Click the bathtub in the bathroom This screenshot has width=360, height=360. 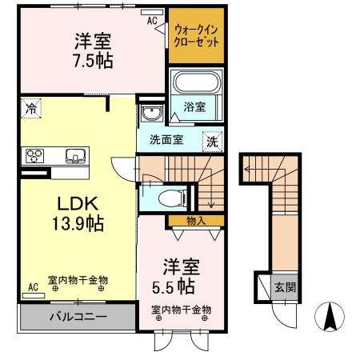tap(197, 85)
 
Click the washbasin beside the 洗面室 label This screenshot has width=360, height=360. tap(150, 114)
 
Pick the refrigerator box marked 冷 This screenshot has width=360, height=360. tap(30, 108)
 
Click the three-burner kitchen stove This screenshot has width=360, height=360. tap(36, 155)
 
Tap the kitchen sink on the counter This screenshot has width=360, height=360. tap(74, 155)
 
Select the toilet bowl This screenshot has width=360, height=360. tap(169, 197)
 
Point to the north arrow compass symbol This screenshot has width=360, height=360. tap(328, 318)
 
